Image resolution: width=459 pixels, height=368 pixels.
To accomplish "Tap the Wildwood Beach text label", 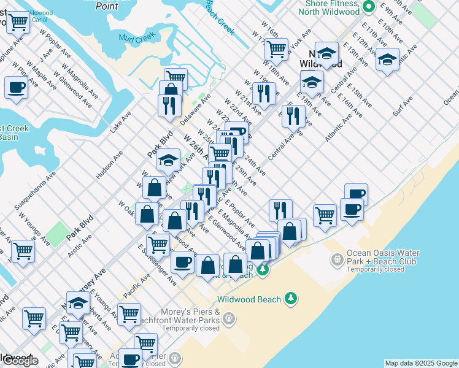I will click(249, 299).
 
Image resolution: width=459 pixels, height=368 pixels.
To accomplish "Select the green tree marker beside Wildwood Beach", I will click(291, 299).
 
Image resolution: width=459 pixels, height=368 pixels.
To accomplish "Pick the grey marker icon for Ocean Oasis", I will click(337, 261).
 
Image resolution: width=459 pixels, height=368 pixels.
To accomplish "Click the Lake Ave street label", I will click(121, 122).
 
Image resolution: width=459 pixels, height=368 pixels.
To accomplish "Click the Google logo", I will click(20, 361).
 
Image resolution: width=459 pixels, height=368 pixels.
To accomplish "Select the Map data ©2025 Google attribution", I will click(421, 363).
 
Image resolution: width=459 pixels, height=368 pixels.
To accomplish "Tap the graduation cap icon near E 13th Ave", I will click(387, 60).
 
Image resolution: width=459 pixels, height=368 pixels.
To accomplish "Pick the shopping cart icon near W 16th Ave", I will click(277, 48).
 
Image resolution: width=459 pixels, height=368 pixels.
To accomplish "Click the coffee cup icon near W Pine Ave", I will click(16, 87).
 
